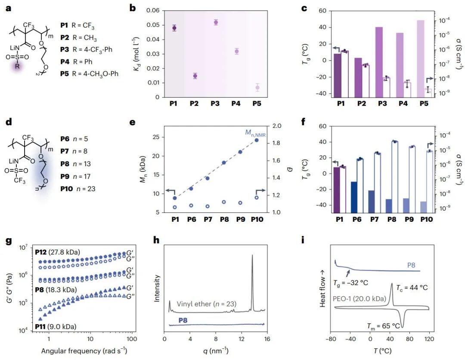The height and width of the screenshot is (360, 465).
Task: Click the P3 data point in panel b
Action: point(216,22)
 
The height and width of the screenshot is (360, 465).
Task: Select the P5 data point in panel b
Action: point(257,87)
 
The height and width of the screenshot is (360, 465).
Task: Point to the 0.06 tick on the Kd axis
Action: point(154,11)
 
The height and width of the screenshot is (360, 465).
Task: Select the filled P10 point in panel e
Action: point(257,140)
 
